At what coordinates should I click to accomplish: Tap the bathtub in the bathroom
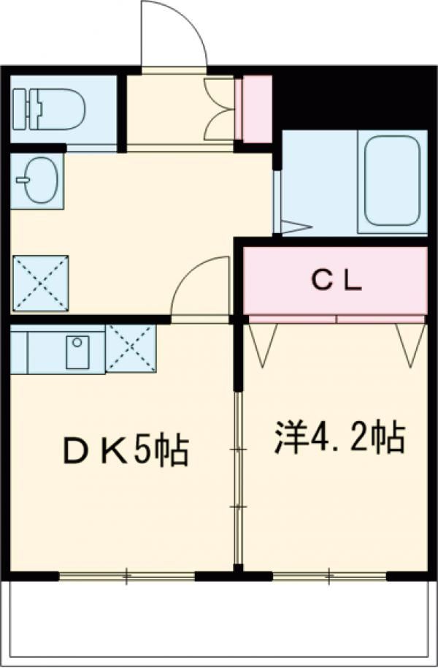tap(393, 180)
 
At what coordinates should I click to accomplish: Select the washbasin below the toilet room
tap(36, 180)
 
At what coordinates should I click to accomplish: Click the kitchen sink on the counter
tap(76, 352)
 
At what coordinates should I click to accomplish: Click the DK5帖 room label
tap(124, 451)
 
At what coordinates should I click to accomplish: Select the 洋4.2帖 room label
tap(339, 437)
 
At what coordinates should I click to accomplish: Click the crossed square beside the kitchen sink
tap(131, 348)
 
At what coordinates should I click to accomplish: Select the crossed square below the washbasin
tap(40, 281)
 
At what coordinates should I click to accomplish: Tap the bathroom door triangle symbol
tap(293, 227)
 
